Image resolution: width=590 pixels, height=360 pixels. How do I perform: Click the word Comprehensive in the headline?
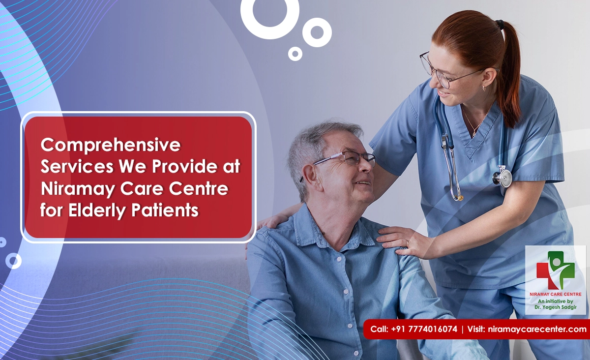coord(111,145)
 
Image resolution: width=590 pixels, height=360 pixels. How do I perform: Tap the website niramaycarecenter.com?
coord(537,329)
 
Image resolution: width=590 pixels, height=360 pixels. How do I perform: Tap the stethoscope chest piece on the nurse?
coord(502,177)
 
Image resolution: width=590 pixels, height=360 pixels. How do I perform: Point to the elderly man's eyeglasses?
coord(344,159)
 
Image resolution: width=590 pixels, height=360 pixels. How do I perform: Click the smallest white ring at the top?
coord(295,54)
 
